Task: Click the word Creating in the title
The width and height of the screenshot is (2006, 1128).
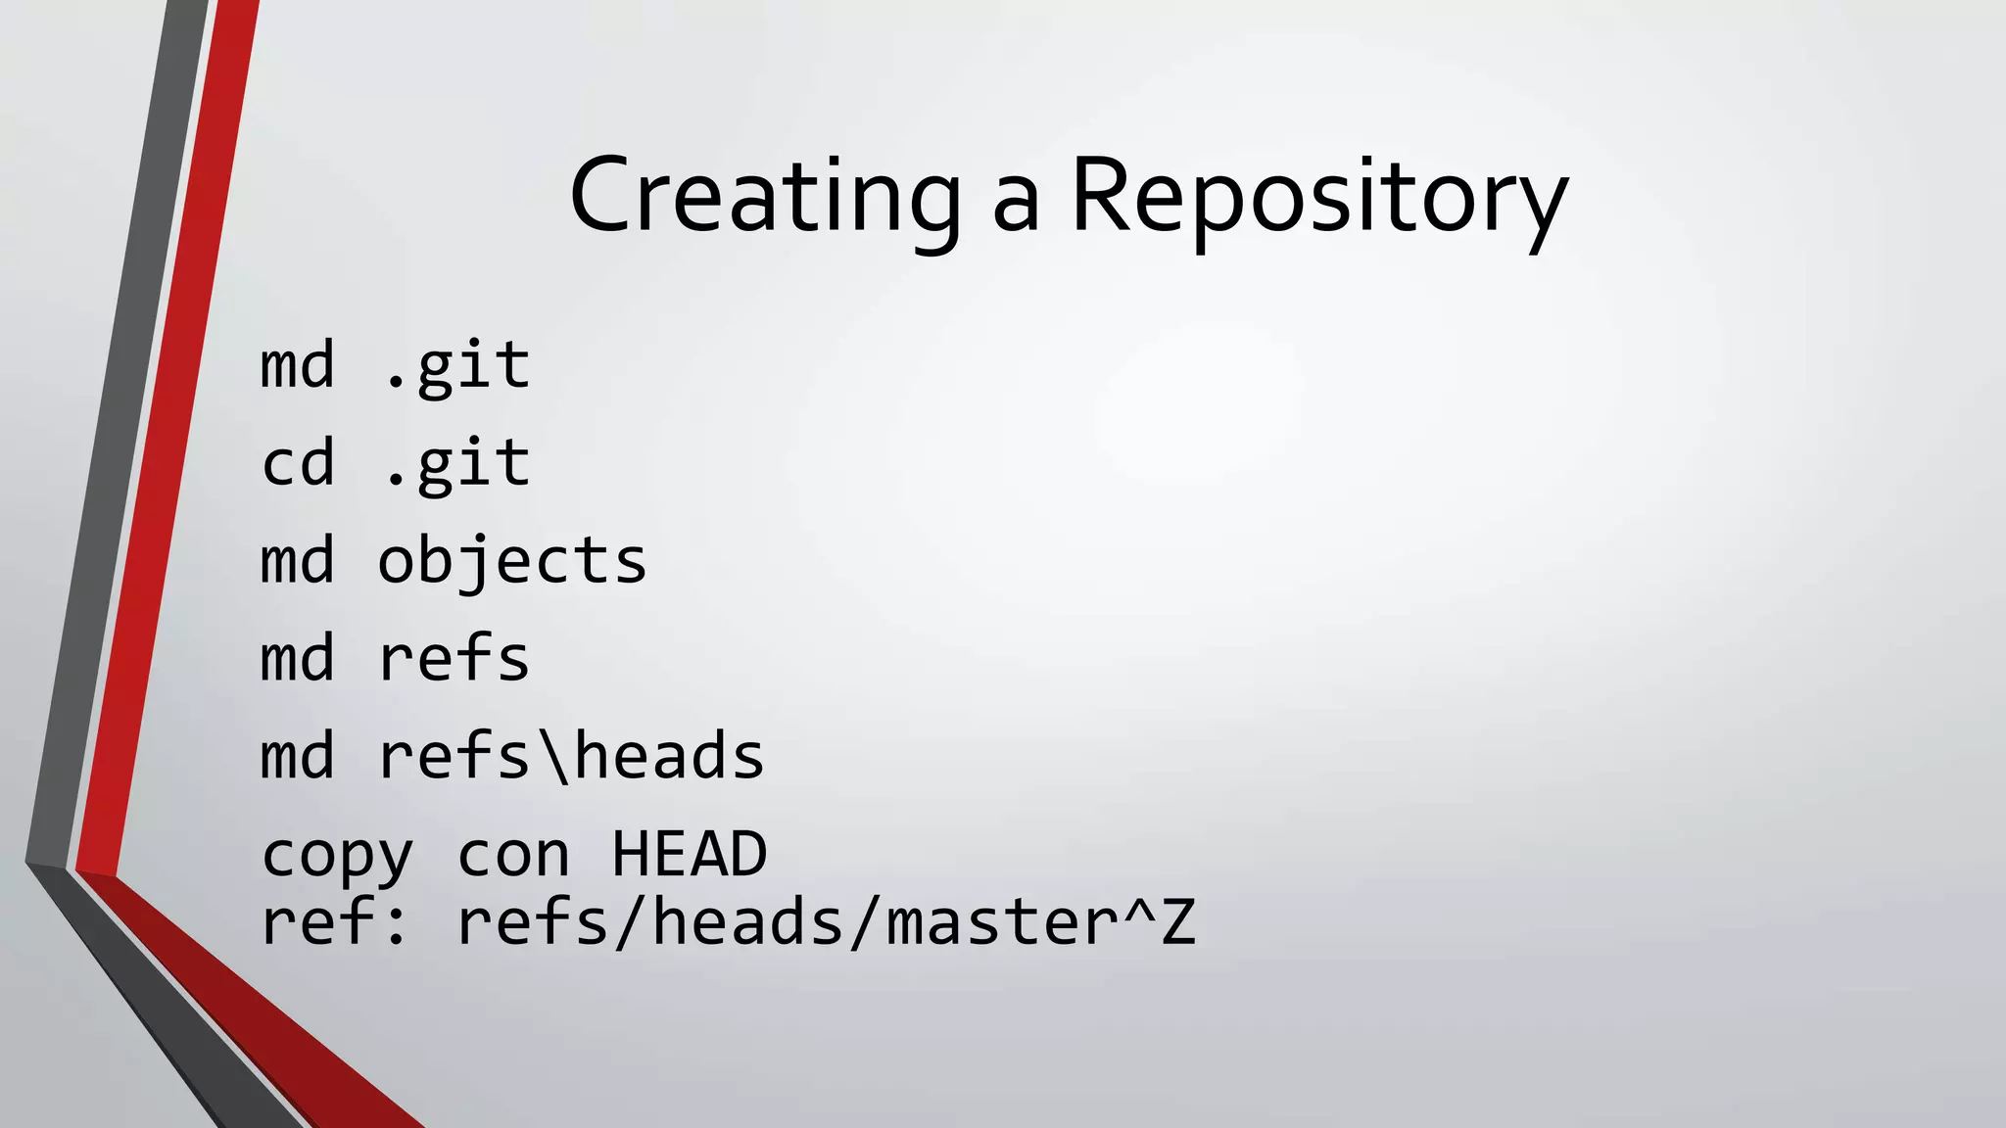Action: (x=764, y=196)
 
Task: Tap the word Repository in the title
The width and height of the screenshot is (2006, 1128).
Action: (x=1318, y=196)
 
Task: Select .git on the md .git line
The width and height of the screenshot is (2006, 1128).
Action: (x=456, y=366)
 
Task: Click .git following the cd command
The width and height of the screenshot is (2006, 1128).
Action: (x=456, y=463)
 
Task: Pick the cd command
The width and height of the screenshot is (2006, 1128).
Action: (x=298, y=463)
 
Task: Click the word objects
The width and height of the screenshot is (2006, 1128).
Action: (x=512, y=561)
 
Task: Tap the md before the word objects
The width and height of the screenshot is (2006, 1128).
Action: (x=298, y=561)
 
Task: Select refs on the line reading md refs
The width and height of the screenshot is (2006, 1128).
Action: (x=454, y=658)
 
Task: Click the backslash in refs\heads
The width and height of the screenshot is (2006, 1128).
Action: (x=553, y=756)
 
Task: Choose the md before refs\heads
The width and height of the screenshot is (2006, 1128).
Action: (x=298, y=756)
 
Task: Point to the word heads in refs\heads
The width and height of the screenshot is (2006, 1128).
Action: (x=669, y=756)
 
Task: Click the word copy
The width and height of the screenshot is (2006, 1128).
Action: (x=337, y=854)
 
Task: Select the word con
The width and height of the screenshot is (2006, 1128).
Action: (x=512, y=854)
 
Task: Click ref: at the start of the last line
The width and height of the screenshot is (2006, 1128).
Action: (x=335, y=922)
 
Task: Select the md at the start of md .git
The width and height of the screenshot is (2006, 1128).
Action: (x=298, y=366)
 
